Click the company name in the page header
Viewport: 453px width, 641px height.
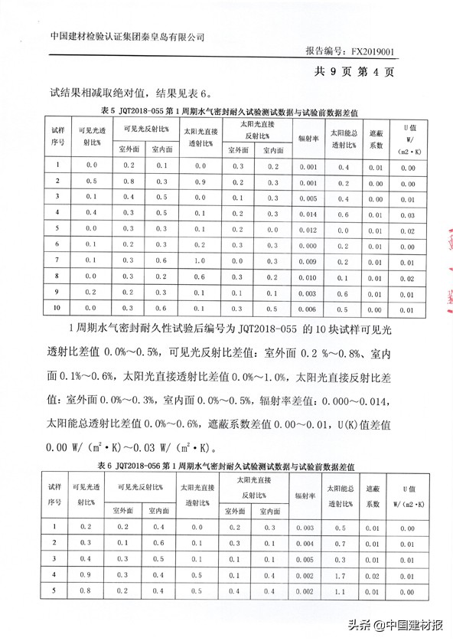click(x=128, y=36)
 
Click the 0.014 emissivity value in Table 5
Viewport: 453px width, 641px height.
click(x=308, y=214)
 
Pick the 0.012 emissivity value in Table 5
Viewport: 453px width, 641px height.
click(x=308, y=231)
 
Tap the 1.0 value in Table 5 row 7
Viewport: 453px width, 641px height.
click(x=200, y=262)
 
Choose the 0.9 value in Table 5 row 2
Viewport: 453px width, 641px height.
click(x=200, y=182)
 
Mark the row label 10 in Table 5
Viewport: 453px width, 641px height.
click(x=56, y=309)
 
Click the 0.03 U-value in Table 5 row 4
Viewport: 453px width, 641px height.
click(x=409, y=214)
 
